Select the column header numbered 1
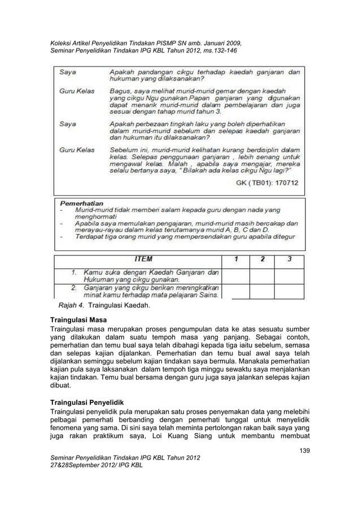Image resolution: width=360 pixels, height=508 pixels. point(236,260)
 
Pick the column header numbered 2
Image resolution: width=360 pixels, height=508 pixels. point(262,260)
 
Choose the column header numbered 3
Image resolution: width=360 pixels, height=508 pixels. point(288,260)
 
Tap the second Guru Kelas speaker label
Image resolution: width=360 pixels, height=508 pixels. point(77,149)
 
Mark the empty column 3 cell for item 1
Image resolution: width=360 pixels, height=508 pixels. point(289,276)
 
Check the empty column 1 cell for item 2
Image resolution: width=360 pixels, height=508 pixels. point(236,290)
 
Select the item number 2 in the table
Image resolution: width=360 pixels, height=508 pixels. point(73,287)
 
